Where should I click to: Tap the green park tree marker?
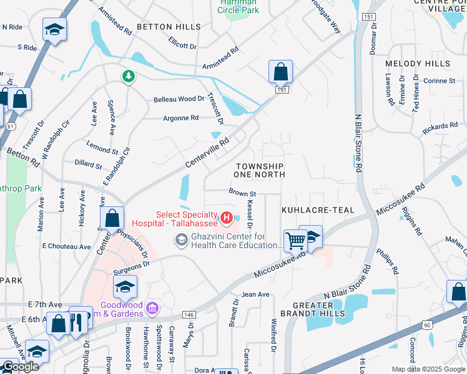pos(129,76)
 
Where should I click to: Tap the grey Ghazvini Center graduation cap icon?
pos(182,240)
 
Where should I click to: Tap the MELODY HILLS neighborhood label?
pos(418,64)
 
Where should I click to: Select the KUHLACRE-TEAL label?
pos(318,211)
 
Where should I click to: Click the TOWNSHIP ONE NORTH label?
pos(260,170)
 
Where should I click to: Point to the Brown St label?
pos(242,193)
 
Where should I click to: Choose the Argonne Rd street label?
pos(180,118)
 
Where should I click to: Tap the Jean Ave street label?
pos(255,294)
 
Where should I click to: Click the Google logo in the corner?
pos(21,367)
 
